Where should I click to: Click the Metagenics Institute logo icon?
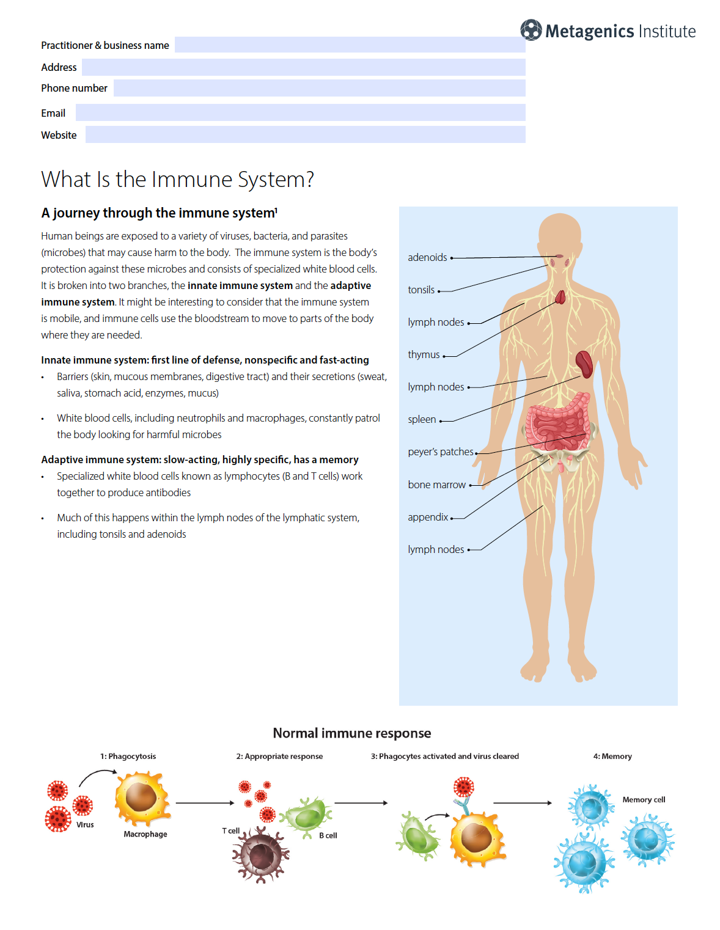(x=531, y=30)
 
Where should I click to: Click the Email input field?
(x=300, y=112)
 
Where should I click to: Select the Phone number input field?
(x=319, y=88)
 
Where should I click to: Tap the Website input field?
(x=305, y=134)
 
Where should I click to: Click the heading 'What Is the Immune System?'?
(x=177, y=180)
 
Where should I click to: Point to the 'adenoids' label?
(x=427, y=257)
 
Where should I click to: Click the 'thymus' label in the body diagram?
(x=424, y=354)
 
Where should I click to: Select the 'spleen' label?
(x=422, y=419)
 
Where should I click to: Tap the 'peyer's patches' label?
(x=441, y=452)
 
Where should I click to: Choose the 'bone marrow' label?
(x=436, y=485)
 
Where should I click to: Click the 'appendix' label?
(x=428, y=517)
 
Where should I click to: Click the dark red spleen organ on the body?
(x=584, y=364)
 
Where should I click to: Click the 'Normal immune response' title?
(x=351, y=733)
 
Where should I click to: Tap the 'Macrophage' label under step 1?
(x=145, y=834)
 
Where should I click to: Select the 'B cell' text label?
(x=328, y=835)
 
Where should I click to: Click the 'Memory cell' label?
(x=644, y=799)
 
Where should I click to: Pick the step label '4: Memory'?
(x=612, y=756)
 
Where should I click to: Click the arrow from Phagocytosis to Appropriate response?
(x=205, y=803)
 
